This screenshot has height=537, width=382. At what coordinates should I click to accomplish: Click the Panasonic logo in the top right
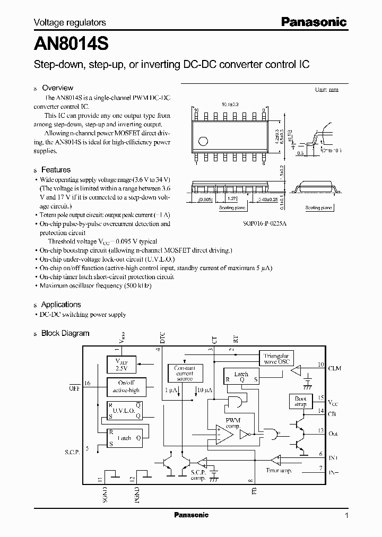[x=313, y=22]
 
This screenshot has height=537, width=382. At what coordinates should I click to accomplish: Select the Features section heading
[x=56, y=170]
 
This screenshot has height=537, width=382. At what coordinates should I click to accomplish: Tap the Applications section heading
[x=61, y=305]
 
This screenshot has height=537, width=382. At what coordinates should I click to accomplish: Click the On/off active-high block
[x=126, y=387]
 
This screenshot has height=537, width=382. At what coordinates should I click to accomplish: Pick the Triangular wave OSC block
[x=276, y=359]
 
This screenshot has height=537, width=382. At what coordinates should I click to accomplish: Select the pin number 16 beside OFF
[x=88, y=383]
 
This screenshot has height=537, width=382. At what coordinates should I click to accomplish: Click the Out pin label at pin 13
[x=333, y=434]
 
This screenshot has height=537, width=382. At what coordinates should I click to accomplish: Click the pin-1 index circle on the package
[x=202, y=141]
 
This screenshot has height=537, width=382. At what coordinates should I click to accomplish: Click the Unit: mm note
[x=326, y=90]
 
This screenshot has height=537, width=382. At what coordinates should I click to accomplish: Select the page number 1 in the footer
[x=346, y=515]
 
